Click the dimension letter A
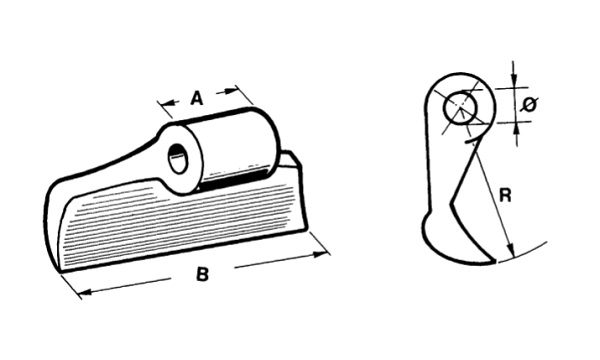point(196,98)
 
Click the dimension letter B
point(202,274)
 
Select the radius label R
point(505,195)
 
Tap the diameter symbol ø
point(530,104)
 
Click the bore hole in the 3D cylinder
point(178,159)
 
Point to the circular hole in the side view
point(461,108)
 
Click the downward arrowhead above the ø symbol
point(515,81)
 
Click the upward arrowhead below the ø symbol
point(517,129)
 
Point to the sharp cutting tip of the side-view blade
point(495,262)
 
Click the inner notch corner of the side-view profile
point(452,201)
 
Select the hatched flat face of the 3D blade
point(176,226)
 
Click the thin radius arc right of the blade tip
point(522,253)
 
